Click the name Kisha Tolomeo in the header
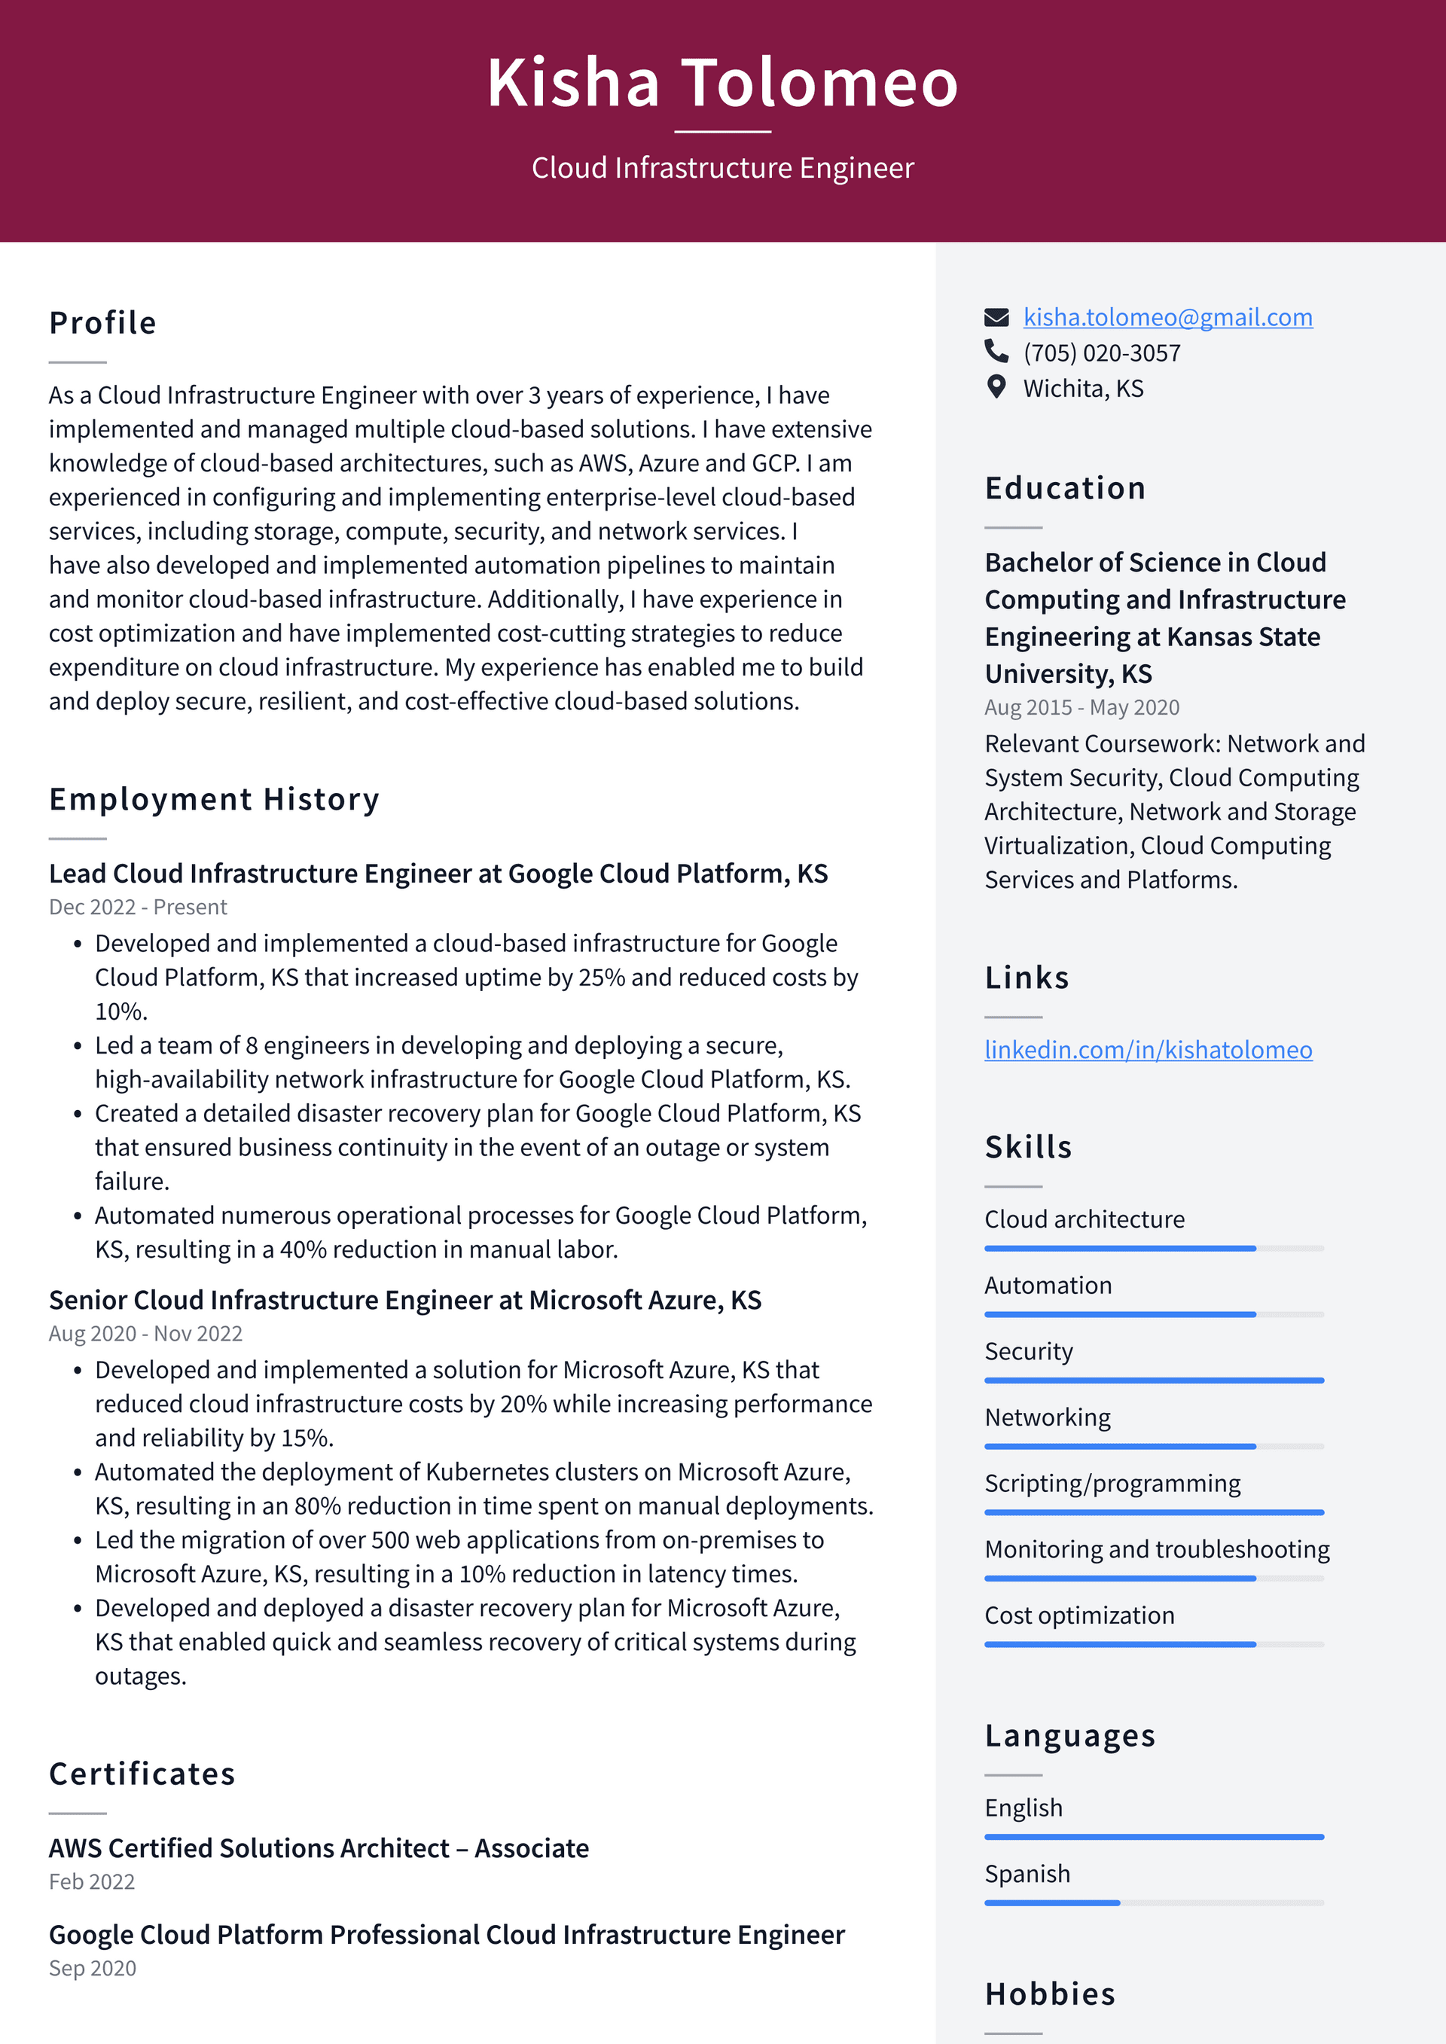tap(722, 83)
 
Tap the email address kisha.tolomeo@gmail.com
tap(1167, 317)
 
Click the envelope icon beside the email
tap(996, 317)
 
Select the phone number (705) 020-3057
tap(1101, 353)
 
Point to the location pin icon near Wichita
tap(996, 387)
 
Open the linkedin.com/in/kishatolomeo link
tap(1148, 1050)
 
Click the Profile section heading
tap(102, 323)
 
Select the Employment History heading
tap(214, 799)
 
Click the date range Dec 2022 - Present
tap(138, 908)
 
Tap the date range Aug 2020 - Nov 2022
tap(145, 1334)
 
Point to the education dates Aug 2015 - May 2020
tap(1081, 708)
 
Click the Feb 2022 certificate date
tap(92, 1882)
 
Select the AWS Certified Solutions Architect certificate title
tap(319, 1848)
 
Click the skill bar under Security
tap(1153, 1380)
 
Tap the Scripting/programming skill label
tap(1112, 1483)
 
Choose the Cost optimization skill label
tap(1079, 1615)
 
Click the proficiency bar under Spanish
tap(1153, 1902)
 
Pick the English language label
tap(1023, 1808)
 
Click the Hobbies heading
tap(1050, 1994)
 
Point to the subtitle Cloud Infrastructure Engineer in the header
tap(722, 168)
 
